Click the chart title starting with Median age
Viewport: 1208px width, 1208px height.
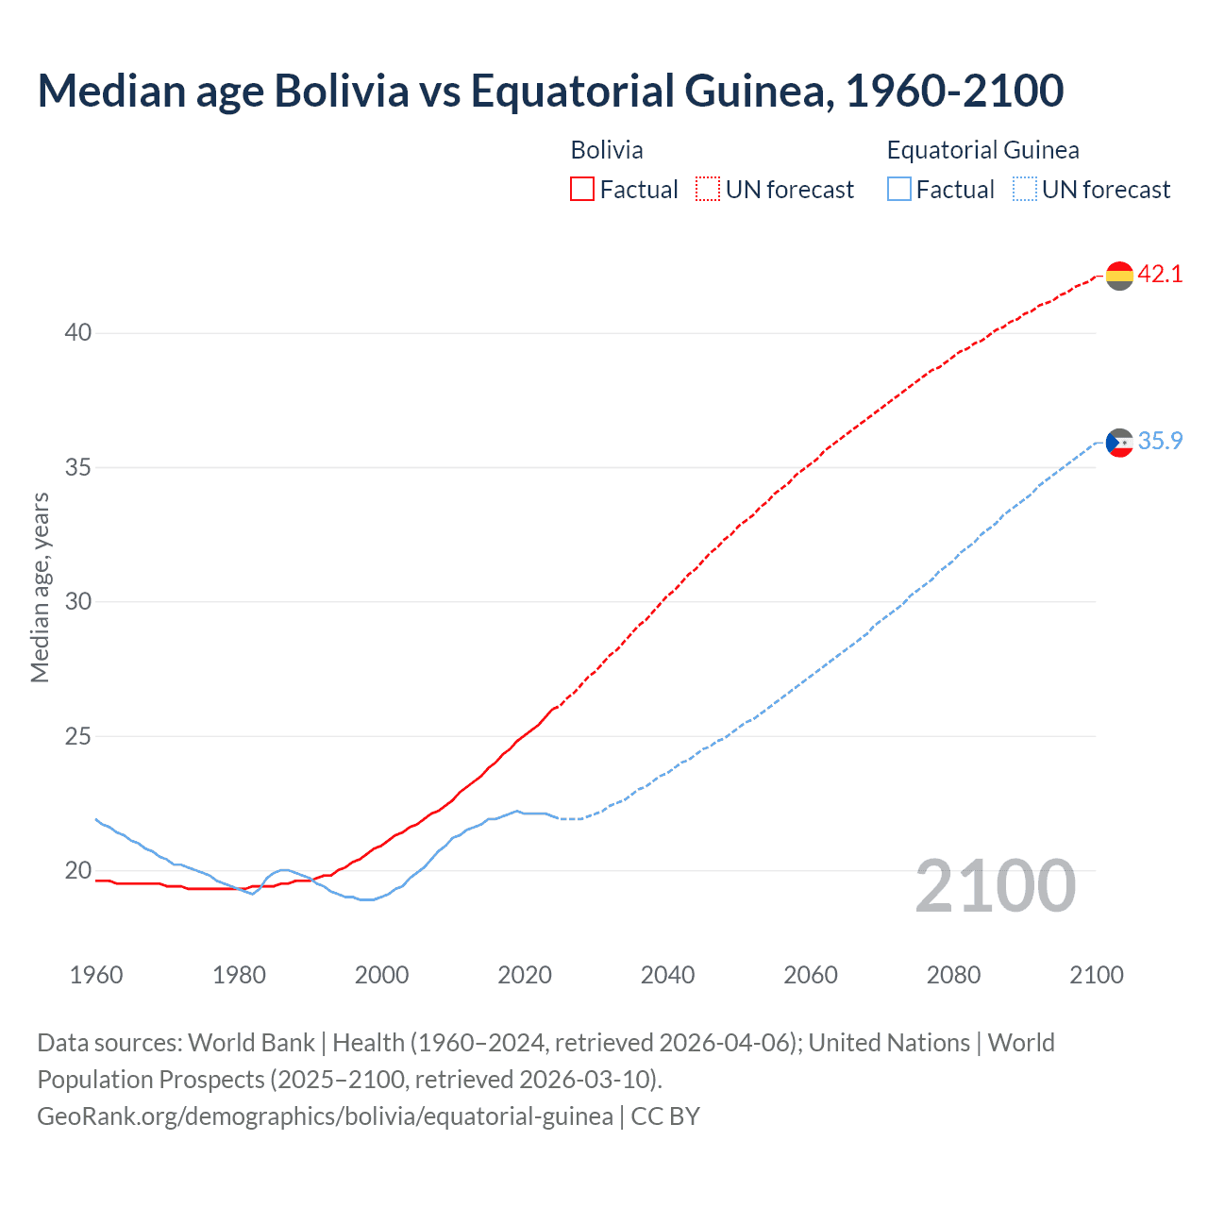(550, 92)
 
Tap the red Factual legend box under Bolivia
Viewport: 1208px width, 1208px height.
(582, 190)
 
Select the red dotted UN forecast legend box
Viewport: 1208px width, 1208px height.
(708, 190)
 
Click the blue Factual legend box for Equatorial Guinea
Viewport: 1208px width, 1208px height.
(899, 190)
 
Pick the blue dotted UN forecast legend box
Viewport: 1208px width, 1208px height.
(1024, 190)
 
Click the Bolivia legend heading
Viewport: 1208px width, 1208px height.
(607, 150)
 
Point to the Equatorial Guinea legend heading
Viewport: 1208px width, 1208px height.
(982, 150)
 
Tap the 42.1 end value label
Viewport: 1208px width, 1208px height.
(1160, 275)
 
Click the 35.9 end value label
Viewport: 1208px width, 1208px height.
(1160, 442)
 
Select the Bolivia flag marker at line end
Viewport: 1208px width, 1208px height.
(1119, 276)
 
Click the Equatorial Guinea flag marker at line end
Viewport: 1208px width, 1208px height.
(1119, 442)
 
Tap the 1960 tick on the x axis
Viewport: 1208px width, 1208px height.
(96, 975)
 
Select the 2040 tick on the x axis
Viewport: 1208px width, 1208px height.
(668, 975)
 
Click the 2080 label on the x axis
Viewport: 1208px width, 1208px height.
(953, 975)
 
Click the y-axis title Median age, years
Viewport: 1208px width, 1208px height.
(40, 587)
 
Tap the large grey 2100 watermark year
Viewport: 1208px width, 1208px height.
(996, 886)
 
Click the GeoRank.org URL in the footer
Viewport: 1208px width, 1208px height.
(325, 1116)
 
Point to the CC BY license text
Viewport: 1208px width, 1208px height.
(665, 1116)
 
